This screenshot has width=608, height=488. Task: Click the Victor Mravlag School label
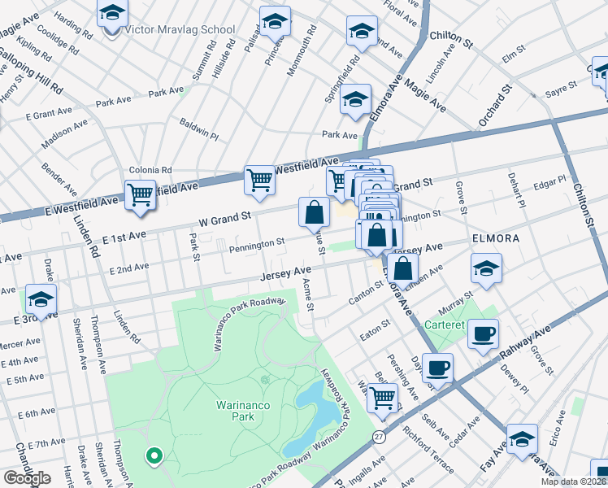(x=180, y=30)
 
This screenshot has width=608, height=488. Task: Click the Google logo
(x=27, y=477)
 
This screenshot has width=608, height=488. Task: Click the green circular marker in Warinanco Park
(x=152, y=455)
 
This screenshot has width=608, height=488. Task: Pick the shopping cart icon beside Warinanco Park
(x=382, y=397)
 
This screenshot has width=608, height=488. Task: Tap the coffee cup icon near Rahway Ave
(x=484, y=333)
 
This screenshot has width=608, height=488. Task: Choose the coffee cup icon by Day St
(x=437, y=368)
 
